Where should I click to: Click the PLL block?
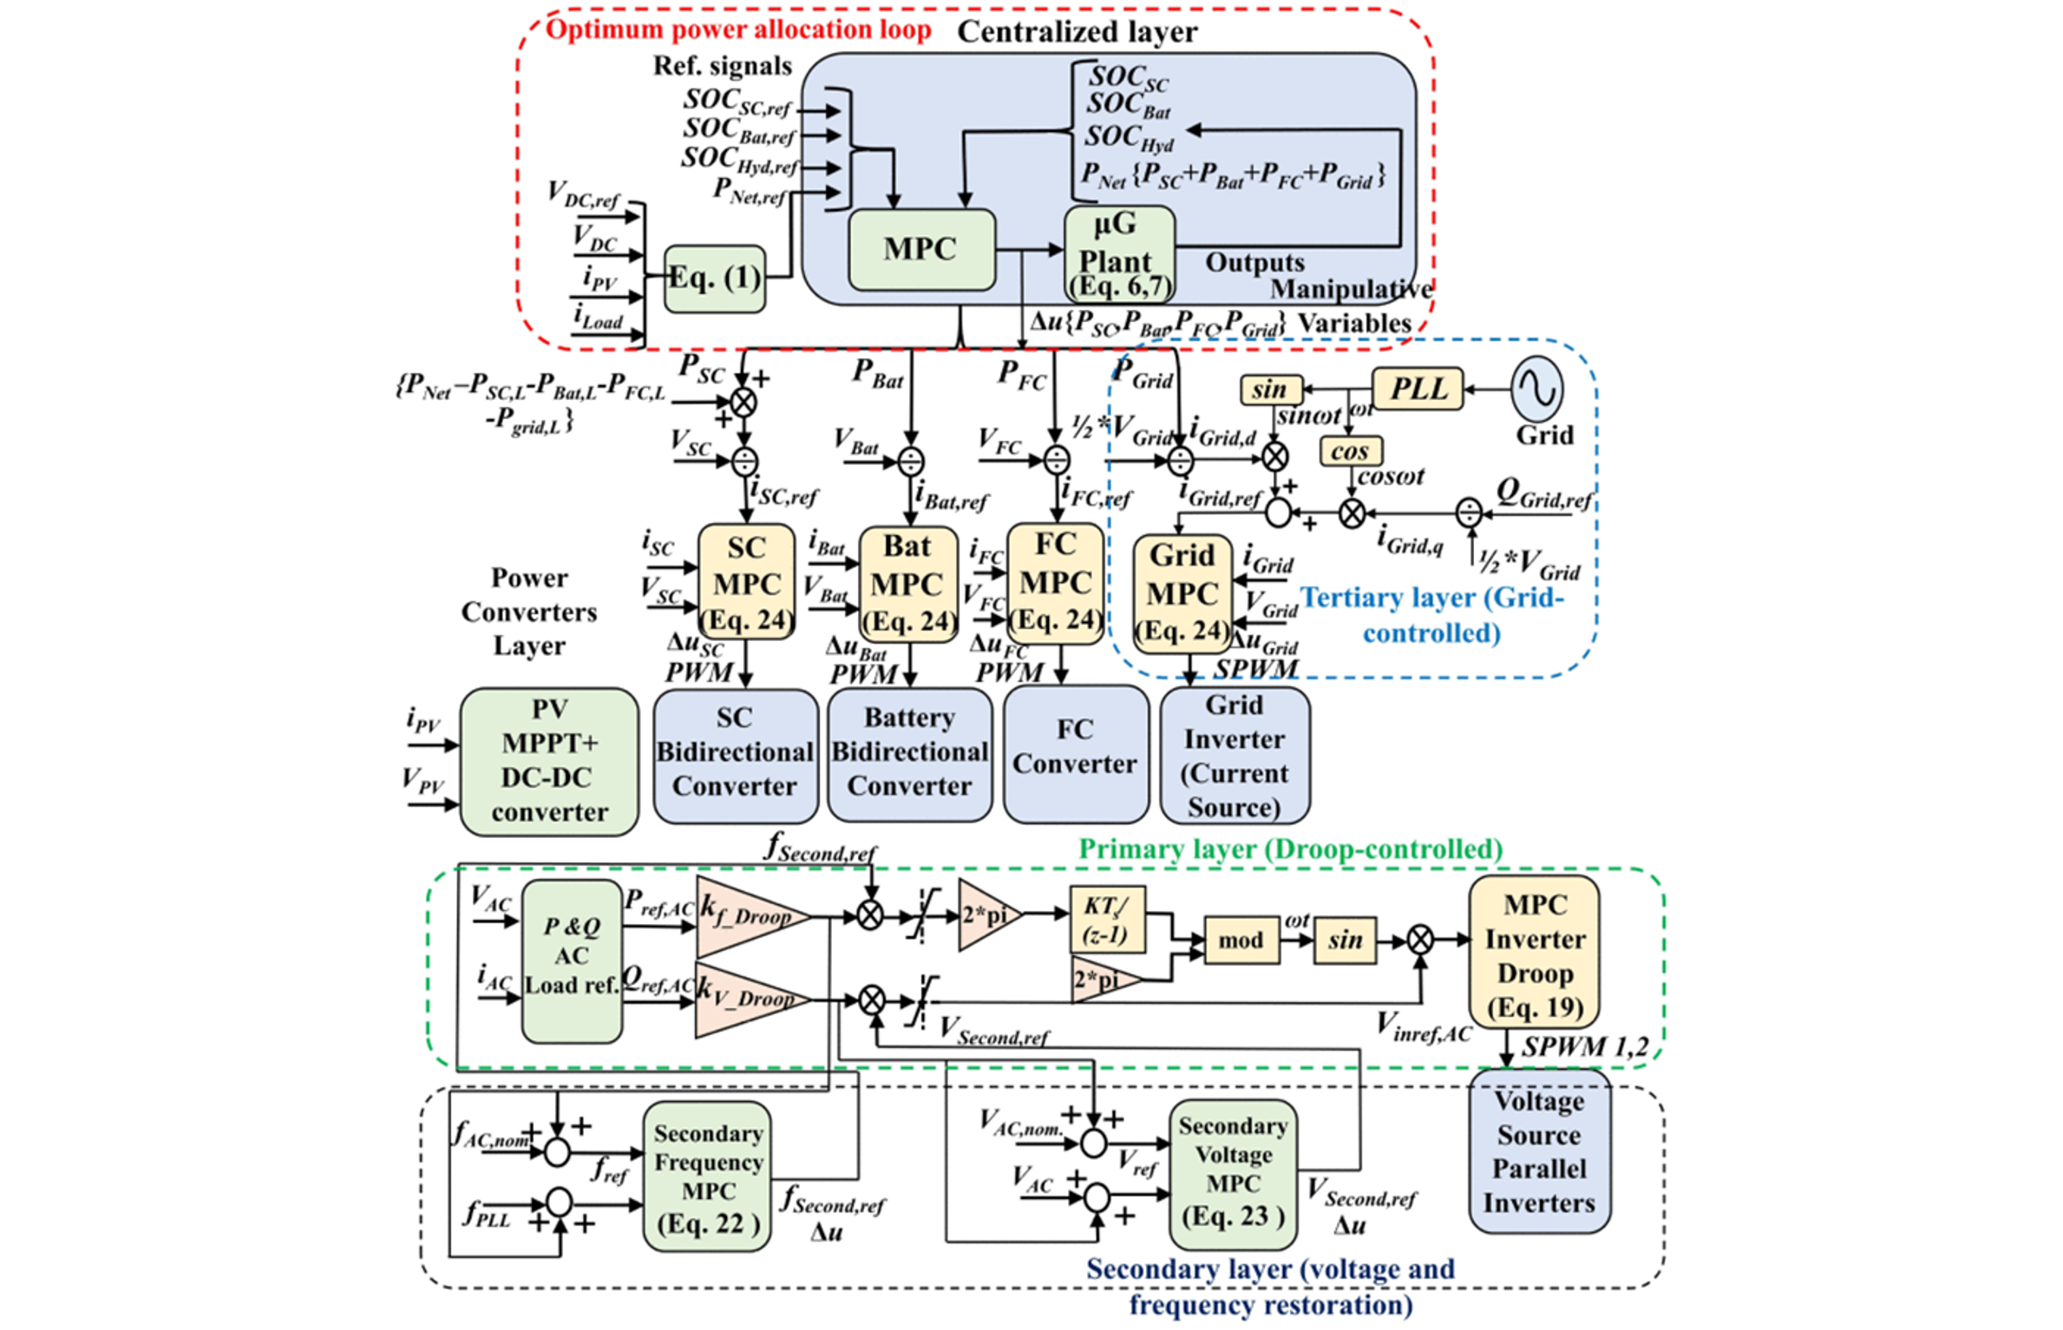(x=1417, y=389)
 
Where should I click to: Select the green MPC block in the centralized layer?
(x=920, y=250)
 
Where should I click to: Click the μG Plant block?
(x=1119, y=254)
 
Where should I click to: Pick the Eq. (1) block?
(x=715, y=278)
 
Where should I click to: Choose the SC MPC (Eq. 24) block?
(x=746, y=582)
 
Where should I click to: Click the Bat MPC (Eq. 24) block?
(x=907, y=583)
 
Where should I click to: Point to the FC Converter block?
(x=1075, y=753)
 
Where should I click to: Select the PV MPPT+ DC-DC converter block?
(x=549, y=762)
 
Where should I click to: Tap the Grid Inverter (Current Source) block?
(x=1235, y=755)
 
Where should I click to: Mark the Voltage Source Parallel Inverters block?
(x=1539, y=1150)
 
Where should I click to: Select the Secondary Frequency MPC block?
(x=707, y=1176)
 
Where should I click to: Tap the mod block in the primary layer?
(x=1241, y=940)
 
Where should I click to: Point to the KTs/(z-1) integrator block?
(x=1106, y=920)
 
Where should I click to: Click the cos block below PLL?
(x=1350, y=451)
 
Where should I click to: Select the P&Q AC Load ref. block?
(x=572, y=960)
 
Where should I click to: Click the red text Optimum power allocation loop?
(x=738, y=29)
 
